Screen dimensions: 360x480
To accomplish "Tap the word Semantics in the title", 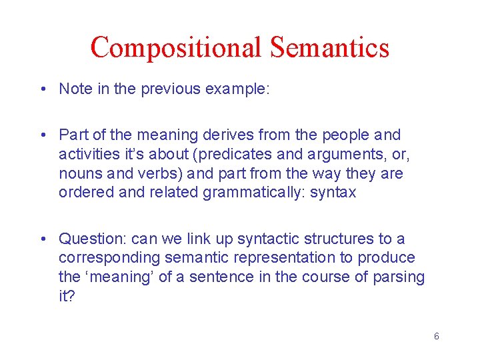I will pyautogui.click(x=329, y=47).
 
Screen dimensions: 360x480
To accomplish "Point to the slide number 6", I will pyautogui.click(x=436, y=336).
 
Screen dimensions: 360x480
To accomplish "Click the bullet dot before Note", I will pyautogui.click(x=43, y=89).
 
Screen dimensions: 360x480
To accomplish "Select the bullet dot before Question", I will pyautogui.click(x=43, y=239).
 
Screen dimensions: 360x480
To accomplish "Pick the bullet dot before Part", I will pyautogui.click(x=43, y=135).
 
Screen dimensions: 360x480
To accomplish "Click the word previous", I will pyautogui.click(x=162, y=89).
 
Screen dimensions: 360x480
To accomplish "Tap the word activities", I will pyautogui.click(x=89, y=154).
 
